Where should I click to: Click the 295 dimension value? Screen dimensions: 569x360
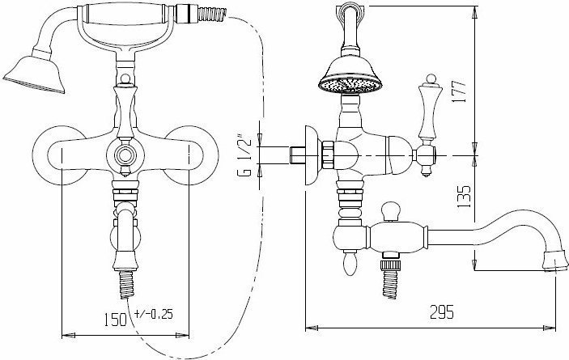[442, 311]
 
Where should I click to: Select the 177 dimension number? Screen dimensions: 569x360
[459, 91]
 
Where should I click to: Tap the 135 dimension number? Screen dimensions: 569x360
[464, 197]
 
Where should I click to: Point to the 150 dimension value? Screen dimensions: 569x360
[116, 320]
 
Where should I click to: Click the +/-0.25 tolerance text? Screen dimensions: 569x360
[154, 314]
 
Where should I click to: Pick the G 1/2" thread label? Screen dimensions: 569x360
[244, 155]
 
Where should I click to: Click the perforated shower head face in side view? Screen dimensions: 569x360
[350, 85]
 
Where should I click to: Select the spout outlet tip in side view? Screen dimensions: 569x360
[555, 262]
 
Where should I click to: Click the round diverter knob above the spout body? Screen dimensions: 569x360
[391, 211]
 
